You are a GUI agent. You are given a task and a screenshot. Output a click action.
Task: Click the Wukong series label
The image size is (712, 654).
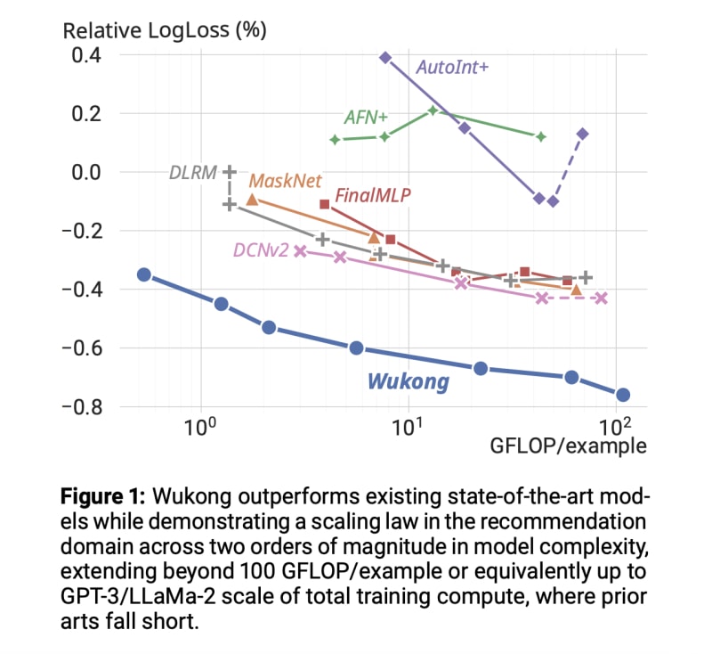(x=408, y=382)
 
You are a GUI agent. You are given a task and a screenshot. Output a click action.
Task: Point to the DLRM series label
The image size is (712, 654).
(x=192, y=172)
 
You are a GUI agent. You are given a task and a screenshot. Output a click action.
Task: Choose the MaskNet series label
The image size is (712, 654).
(x=285, y=181)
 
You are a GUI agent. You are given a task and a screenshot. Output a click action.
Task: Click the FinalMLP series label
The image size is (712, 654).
(x=373, y=196)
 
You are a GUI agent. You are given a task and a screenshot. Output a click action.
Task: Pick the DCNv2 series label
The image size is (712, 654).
(x=261, y=251)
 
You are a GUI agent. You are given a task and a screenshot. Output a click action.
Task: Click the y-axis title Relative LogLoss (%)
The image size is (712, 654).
(x=165, y=29)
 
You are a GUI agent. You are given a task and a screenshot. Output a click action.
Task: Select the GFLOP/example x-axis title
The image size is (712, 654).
(x=568, y=446)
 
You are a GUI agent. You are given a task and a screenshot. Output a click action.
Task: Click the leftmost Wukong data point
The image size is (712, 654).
(x=144, y=274)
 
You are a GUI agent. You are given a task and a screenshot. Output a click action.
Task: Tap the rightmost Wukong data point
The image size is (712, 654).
(x=623, y=395)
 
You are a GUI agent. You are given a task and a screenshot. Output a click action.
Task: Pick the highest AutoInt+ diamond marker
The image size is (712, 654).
(x=385, y=57)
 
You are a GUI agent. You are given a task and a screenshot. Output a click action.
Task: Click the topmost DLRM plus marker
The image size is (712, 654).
(x=230, y=171)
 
